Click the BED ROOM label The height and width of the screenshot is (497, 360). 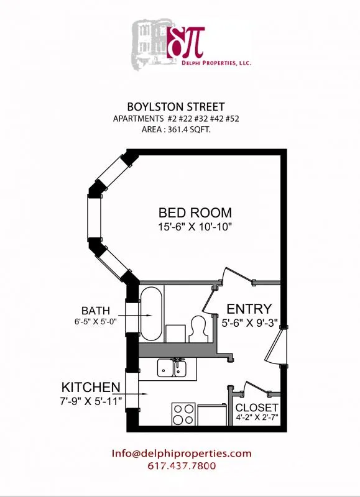click(x=195, y=212)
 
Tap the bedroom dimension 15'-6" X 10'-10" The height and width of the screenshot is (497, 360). click(x=195, y=227)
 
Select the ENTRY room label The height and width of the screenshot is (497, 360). click(x=249, y=309)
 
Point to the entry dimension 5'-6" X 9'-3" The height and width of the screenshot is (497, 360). click(x=249, y=323)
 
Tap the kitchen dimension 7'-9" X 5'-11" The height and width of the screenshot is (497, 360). click(x=91, y=399)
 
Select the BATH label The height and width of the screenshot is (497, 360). click(x=96, y=310)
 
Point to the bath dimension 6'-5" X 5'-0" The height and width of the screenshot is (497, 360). click(x=96, y=322)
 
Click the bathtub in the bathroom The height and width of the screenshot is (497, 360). click(x=152, y=314)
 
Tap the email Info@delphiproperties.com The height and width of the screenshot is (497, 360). click(x=182, y=454)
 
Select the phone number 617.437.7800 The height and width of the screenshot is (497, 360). click(x=182, y=466)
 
